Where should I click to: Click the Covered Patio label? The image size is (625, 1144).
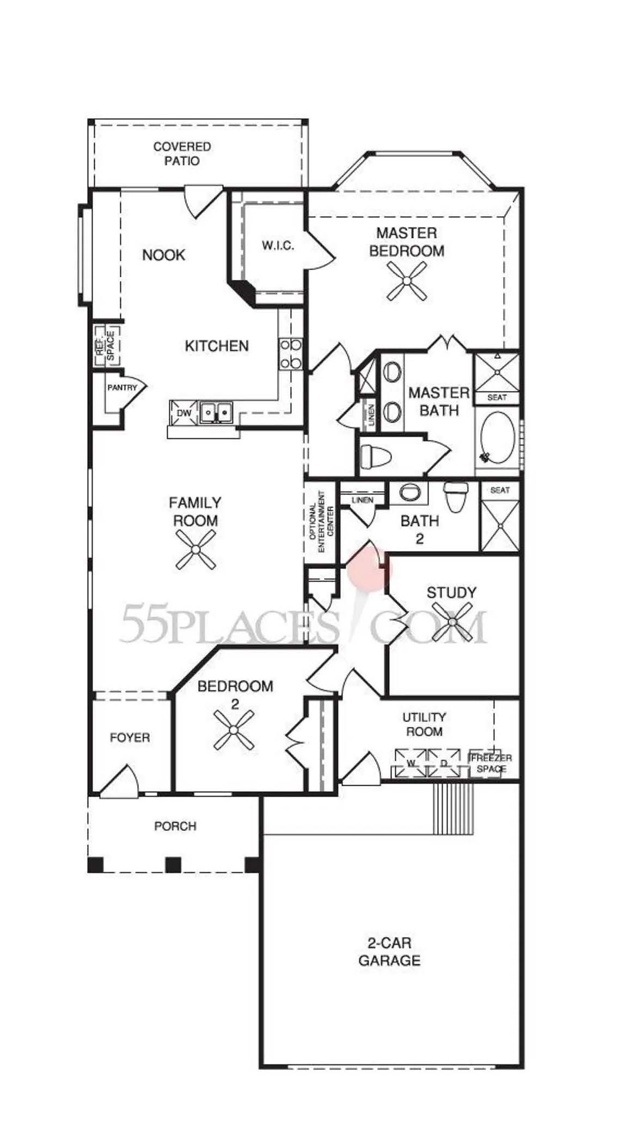pos(182,154)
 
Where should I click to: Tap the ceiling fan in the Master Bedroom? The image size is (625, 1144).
pos(407,280)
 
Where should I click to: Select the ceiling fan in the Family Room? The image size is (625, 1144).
pos(195,550)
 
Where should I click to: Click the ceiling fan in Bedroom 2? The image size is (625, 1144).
pos(234,730)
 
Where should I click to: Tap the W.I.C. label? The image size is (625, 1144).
pos(278,246)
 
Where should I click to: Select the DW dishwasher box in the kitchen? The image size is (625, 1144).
pos(184,413)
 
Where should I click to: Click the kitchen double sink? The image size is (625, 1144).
pos(216,412)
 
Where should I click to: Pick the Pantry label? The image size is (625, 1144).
pos(122,388)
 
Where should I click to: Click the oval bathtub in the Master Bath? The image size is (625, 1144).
pos(498,437)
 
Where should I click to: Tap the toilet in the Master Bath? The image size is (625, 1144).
pos(376,456)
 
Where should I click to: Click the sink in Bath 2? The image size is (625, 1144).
pos(408,492)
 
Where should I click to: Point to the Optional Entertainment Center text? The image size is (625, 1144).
pos(321,521)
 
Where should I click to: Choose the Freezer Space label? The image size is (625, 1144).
pos(491,763)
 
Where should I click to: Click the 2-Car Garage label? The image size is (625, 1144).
pos(389,952)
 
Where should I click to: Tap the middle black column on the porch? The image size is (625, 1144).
pos(173,864)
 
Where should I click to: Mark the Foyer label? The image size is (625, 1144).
pos(130,738)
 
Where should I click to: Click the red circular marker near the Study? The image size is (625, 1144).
pos(370,570)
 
